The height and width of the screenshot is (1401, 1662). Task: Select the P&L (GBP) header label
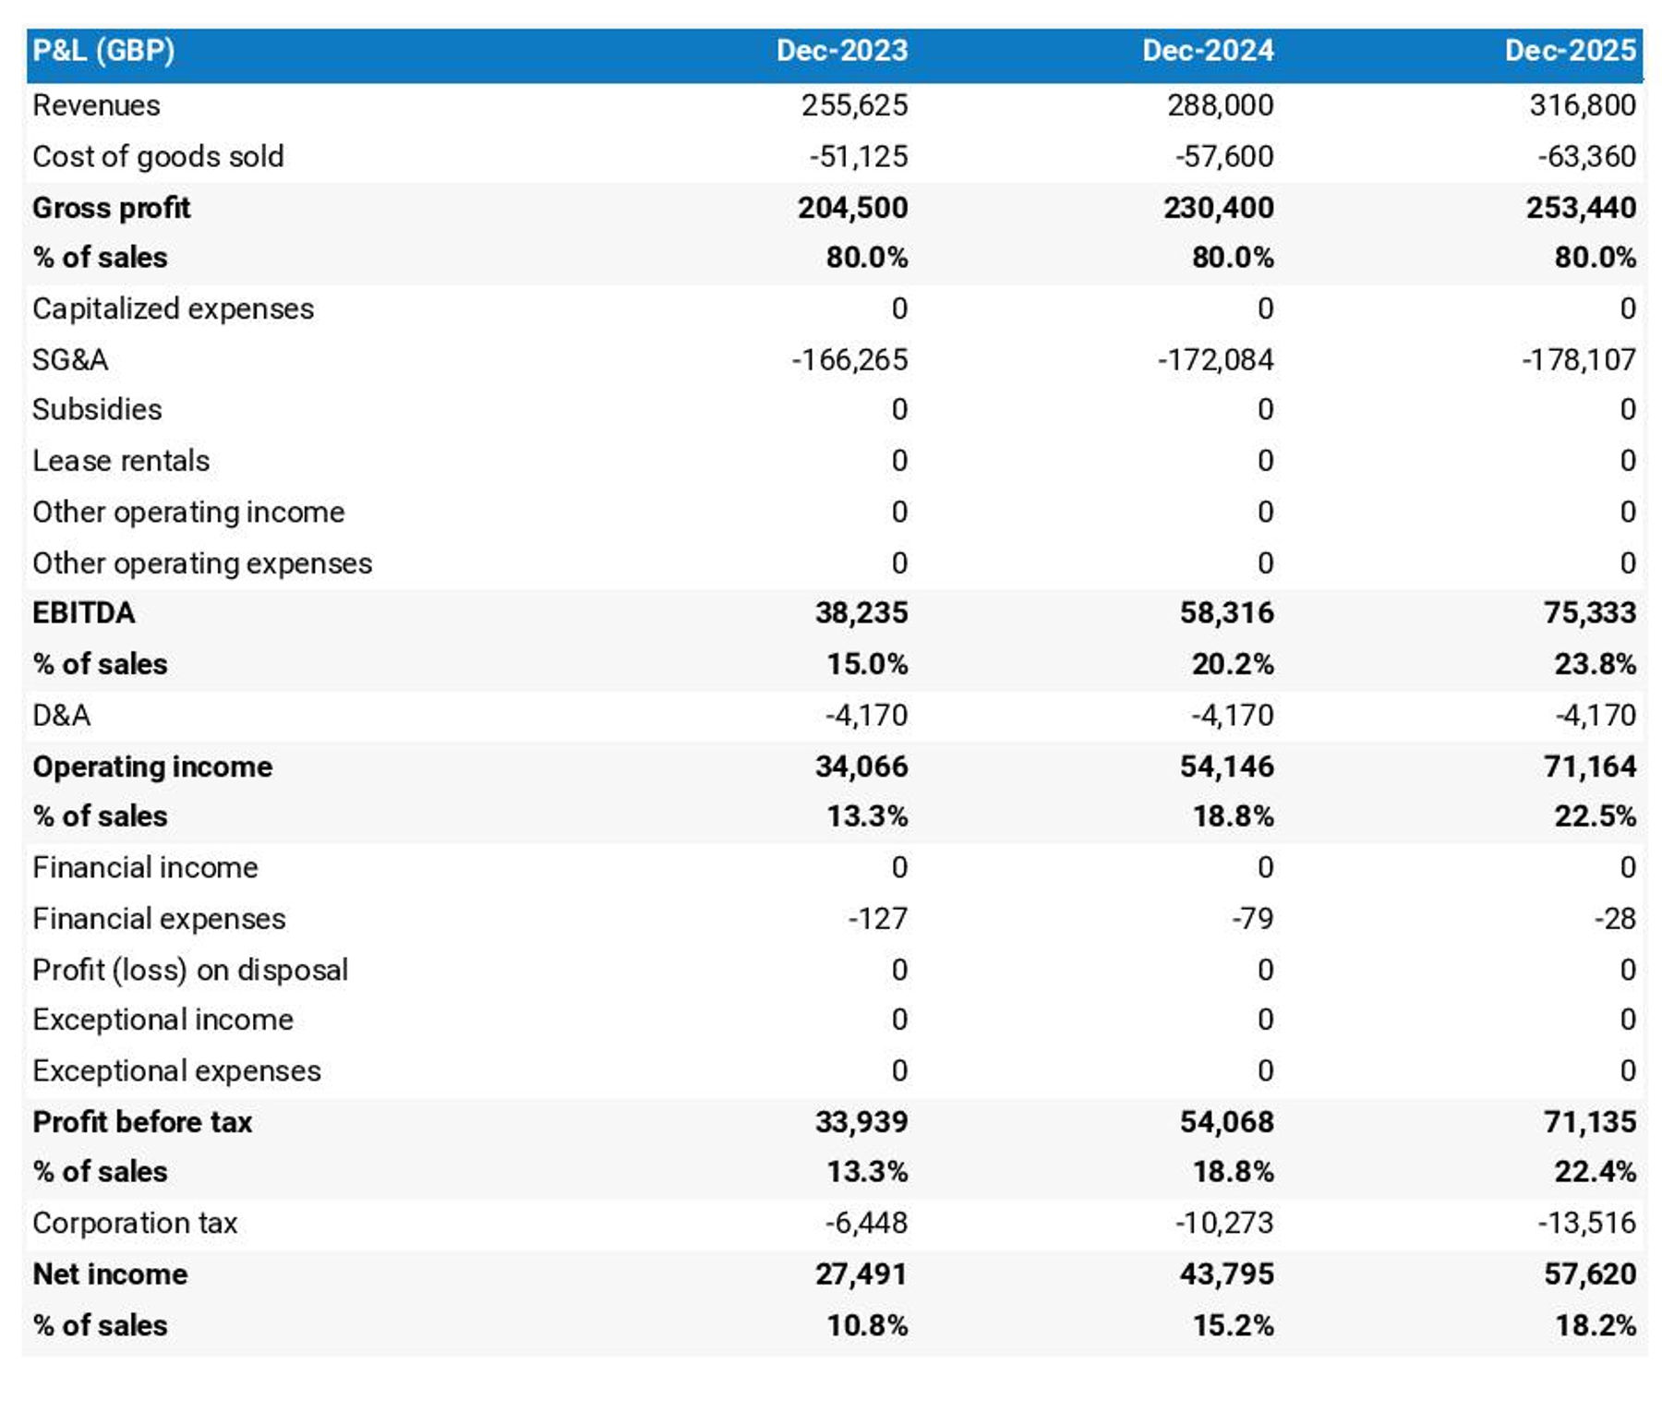coord(103,50)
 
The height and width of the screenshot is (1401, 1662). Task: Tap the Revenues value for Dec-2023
coord(854,105)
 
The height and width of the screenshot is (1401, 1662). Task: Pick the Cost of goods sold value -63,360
coord(1585,156)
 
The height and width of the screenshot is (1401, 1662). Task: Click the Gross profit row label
coord(112,208)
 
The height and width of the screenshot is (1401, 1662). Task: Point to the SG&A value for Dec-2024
coord(1215,359)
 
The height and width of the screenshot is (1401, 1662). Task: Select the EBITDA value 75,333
coord(1589,612)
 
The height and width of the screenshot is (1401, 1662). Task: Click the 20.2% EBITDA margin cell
coord(1232,664)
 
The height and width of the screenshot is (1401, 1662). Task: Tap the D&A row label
coord(62,715)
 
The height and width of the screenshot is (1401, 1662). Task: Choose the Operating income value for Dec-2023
coord(861,766)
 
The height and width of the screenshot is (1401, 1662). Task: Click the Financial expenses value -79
coord(1252,918)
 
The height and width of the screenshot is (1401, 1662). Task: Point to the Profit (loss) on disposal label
coord(190,970)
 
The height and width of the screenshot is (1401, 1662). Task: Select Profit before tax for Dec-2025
coord(1589,1121)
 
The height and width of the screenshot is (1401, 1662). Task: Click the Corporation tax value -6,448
coord(866,1223)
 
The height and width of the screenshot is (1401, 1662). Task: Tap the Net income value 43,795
coord(1226,1274)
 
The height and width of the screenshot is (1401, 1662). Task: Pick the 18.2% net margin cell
coord(1595,1325)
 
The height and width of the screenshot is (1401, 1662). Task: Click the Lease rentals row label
coord(121,460)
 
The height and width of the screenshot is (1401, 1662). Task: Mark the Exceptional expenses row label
coord(176,1070)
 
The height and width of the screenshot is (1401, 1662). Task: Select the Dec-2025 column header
coord(1570,50)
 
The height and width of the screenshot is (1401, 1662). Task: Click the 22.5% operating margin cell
coord(1595,816)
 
